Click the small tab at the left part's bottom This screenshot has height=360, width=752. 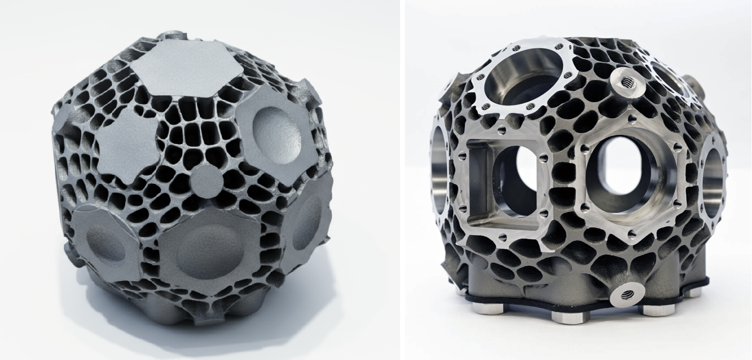(204, 319)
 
